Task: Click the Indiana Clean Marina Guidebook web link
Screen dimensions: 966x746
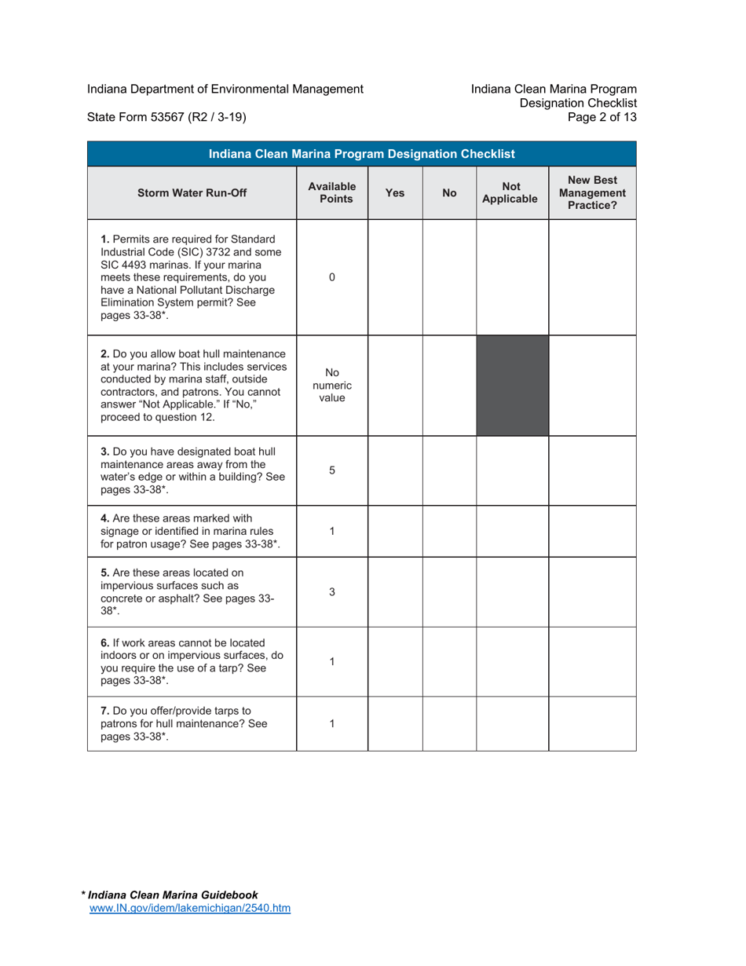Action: click(x=190, y=908)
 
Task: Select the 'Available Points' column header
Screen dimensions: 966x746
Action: click(x=331, y=192)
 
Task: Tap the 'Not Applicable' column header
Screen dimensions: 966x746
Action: click(x=512, y=192)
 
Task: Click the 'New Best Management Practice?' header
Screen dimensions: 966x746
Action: click(x=592, y=192)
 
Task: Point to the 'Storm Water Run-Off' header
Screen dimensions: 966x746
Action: click(x=192, y=192)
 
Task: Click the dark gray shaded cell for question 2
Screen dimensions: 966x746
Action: click(x=512, y=386)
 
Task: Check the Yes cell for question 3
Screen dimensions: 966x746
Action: click(x=395, y=470)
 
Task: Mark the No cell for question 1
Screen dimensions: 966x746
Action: click(x=449, y=277)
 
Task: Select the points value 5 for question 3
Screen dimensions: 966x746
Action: click(x=331, y=470)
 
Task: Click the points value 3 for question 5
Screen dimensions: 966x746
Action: click(x=331, y=593)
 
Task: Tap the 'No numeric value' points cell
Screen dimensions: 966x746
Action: click(x=331, y=386)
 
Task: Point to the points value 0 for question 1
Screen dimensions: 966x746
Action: click(x=331, y=277)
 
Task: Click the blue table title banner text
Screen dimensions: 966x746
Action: click(x=361, y=154)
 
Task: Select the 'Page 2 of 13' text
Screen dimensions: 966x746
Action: click(x=605, y=118)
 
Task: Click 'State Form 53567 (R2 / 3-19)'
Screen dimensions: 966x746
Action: click(x=167, y=118)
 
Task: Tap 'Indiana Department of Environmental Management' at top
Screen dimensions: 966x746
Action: click(x=225, y=89)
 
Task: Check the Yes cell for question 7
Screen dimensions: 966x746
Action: click(x=395, y=723)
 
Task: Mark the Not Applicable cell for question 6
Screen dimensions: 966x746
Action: click(x=512, y=661)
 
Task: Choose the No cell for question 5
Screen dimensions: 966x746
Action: click(x=449, y=593)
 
